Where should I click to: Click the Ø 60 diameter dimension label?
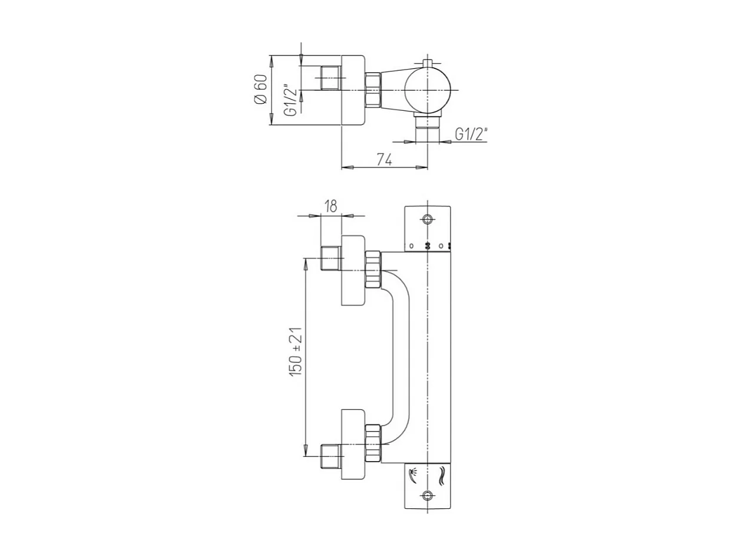coord(261,90)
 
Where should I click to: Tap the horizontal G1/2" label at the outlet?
coord(471,135)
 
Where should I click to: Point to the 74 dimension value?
coord(385,159)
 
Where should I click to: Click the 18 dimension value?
coord(330,206)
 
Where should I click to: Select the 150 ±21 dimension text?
coord(296,351)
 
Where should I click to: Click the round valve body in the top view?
coord(428,90)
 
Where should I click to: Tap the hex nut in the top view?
coord(372,90)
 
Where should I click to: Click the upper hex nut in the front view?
coord(372,269)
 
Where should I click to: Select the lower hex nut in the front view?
coord(372,443)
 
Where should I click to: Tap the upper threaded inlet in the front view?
coord(330,258)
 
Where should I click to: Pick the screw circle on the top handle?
coord(428,220)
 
